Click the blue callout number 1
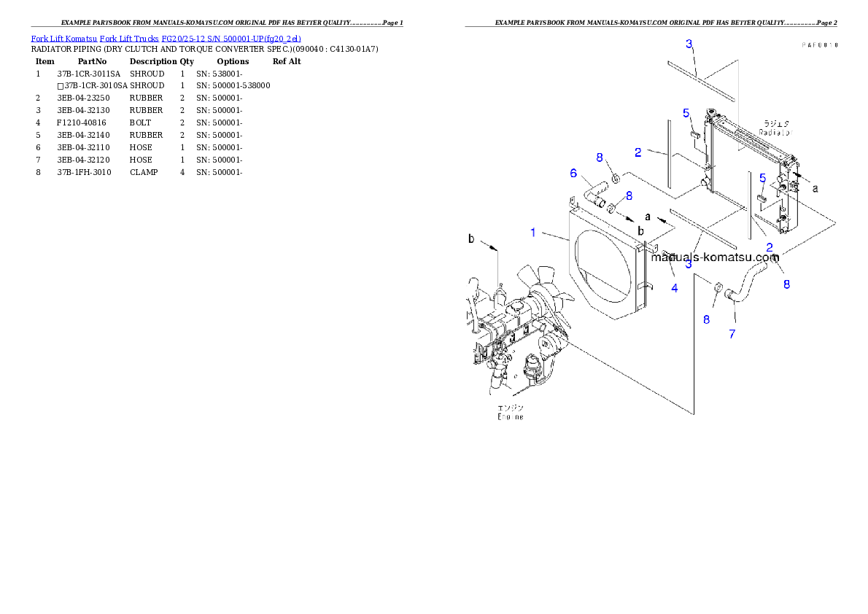(533, 233)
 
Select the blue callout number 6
(573, 173)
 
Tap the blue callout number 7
(732, 334)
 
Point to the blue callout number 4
(675, 288)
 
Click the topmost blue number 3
(689, 44)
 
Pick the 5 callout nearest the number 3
(686, 113)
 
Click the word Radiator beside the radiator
(775, 133)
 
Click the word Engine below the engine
(510, 416)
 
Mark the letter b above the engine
(471, 238)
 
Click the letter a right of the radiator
(815, 188)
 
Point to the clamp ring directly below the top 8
(616, 177)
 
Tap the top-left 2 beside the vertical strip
(638, 152)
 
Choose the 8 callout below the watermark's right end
(786, 284)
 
